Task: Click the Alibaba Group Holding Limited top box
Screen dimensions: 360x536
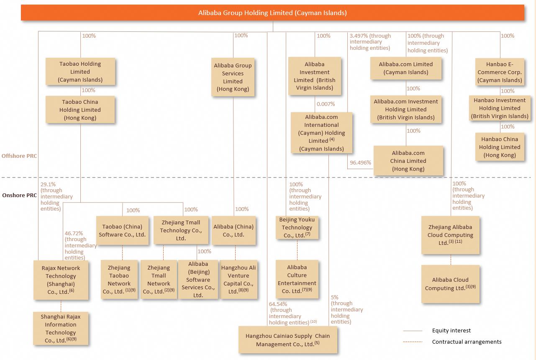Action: pos(272,13)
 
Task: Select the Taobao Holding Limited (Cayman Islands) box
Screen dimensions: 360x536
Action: pos(80,72)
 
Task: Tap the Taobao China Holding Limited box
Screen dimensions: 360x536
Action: pos(80,110)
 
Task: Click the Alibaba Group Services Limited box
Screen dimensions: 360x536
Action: pos(233,77)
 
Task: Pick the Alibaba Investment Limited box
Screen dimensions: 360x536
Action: pos(315,76)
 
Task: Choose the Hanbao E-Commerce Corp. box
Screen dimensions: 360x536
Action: pos(499,72)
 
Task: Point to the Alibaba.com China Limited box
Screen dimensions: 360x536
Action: pos(408,161)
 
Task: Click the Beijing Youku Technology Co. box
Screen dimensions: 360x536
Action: pos(297,227)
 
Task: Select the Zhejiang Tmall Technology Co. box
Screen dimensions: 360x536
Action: pos(180,230)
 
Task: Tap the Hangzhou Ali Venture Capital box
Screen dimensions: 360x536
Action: pos(239,280)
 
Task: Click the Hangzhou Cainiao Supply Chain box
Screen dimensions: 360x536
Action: pos(287,340)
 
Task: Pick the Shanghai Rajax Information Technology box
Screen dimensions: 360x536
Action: pos(61,329)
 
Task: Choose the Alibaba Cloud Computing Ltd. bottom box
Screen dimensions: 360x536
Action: pos(450,284)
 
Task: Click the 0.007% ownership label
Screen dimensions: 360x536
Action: pos(326,104)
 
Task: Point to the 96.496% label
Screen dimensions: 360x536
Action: pos(360,162)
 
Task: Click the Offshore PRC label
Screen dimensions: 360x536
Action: pos(19,156)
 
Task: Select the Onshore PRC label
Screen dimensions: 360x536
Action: pos(19,195)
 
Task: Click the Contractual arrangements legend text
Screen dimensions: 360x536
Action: pos(467,342)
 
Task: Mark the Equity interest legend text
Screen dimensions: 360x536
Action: pos(451,330)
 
